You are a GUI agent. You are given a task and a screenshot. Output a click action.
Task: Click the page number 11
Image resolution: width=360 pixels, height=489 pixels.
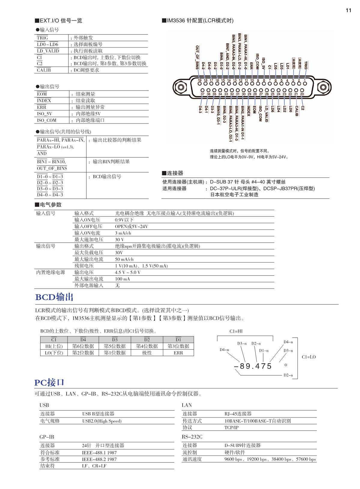tap(348, 11)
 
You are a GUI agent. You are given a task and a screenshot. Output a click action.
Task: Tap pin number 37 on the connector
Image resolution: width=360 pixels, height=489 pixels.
tap(203, 90)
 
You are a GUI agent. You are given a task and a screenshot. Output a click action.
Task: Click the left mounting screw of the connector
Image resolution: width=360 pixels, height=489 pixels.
tap(181, 87)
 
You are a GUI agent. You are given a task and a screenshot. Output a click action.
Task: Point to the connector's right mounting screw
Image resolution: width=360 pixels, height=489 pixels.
tap(322, 87)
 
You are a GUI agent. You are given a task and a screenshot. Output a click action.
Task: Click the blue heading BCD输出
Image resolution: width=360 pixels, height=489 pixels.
tap(54, 297)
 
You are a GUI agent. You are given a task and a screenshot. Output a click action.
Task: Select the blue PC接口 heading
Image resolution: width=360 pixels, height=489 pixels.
tap(49, 383)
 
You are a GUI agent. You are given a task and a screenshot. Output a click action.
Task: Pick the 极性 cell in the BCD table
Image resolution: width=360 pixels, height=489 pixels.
tap(147, 353)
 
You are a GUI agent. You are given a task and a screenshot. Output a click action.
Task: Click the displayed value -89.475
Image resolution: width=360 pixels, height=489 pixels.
tap(253, 366)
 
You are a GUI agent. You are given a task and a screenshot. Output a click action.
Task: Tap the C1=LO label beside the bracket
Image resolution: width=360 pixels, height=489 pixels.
tap(309, 357)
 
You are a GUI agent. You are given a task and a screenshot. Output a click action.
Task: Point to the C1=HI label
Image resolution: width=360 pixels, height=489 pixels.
tap(236, 331)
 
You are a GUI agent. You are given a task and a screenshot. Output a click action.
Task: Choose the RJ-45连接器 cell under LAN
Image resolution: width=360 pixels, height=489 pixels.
tap(238, 414)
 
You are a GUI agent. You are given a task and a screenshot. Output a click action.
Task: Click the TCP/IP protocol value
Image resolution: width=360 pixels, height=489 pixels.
tap(231, 427)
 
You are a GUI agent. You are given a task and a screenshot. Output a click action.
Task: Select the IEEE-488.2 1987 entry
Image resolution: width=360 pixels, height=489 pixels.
tap(99, 459)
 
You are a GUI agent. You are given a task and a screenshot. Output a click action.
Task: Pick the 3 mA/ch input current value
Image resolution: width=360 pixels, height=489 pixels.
tap(123, 233)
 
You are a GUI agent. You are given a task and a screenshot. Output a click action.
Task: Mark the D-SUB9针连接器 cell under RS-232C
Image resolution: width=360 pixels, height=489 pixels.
tap(243, 445)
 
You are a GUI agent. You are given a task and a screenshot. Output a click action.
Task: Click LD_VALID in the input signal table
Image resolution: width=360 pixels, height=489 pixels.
tap(48, 51)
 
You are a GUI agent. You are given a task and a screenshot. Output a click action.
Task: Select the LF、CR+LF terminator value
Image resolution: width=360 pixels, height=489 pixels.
tap(94, 466)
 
